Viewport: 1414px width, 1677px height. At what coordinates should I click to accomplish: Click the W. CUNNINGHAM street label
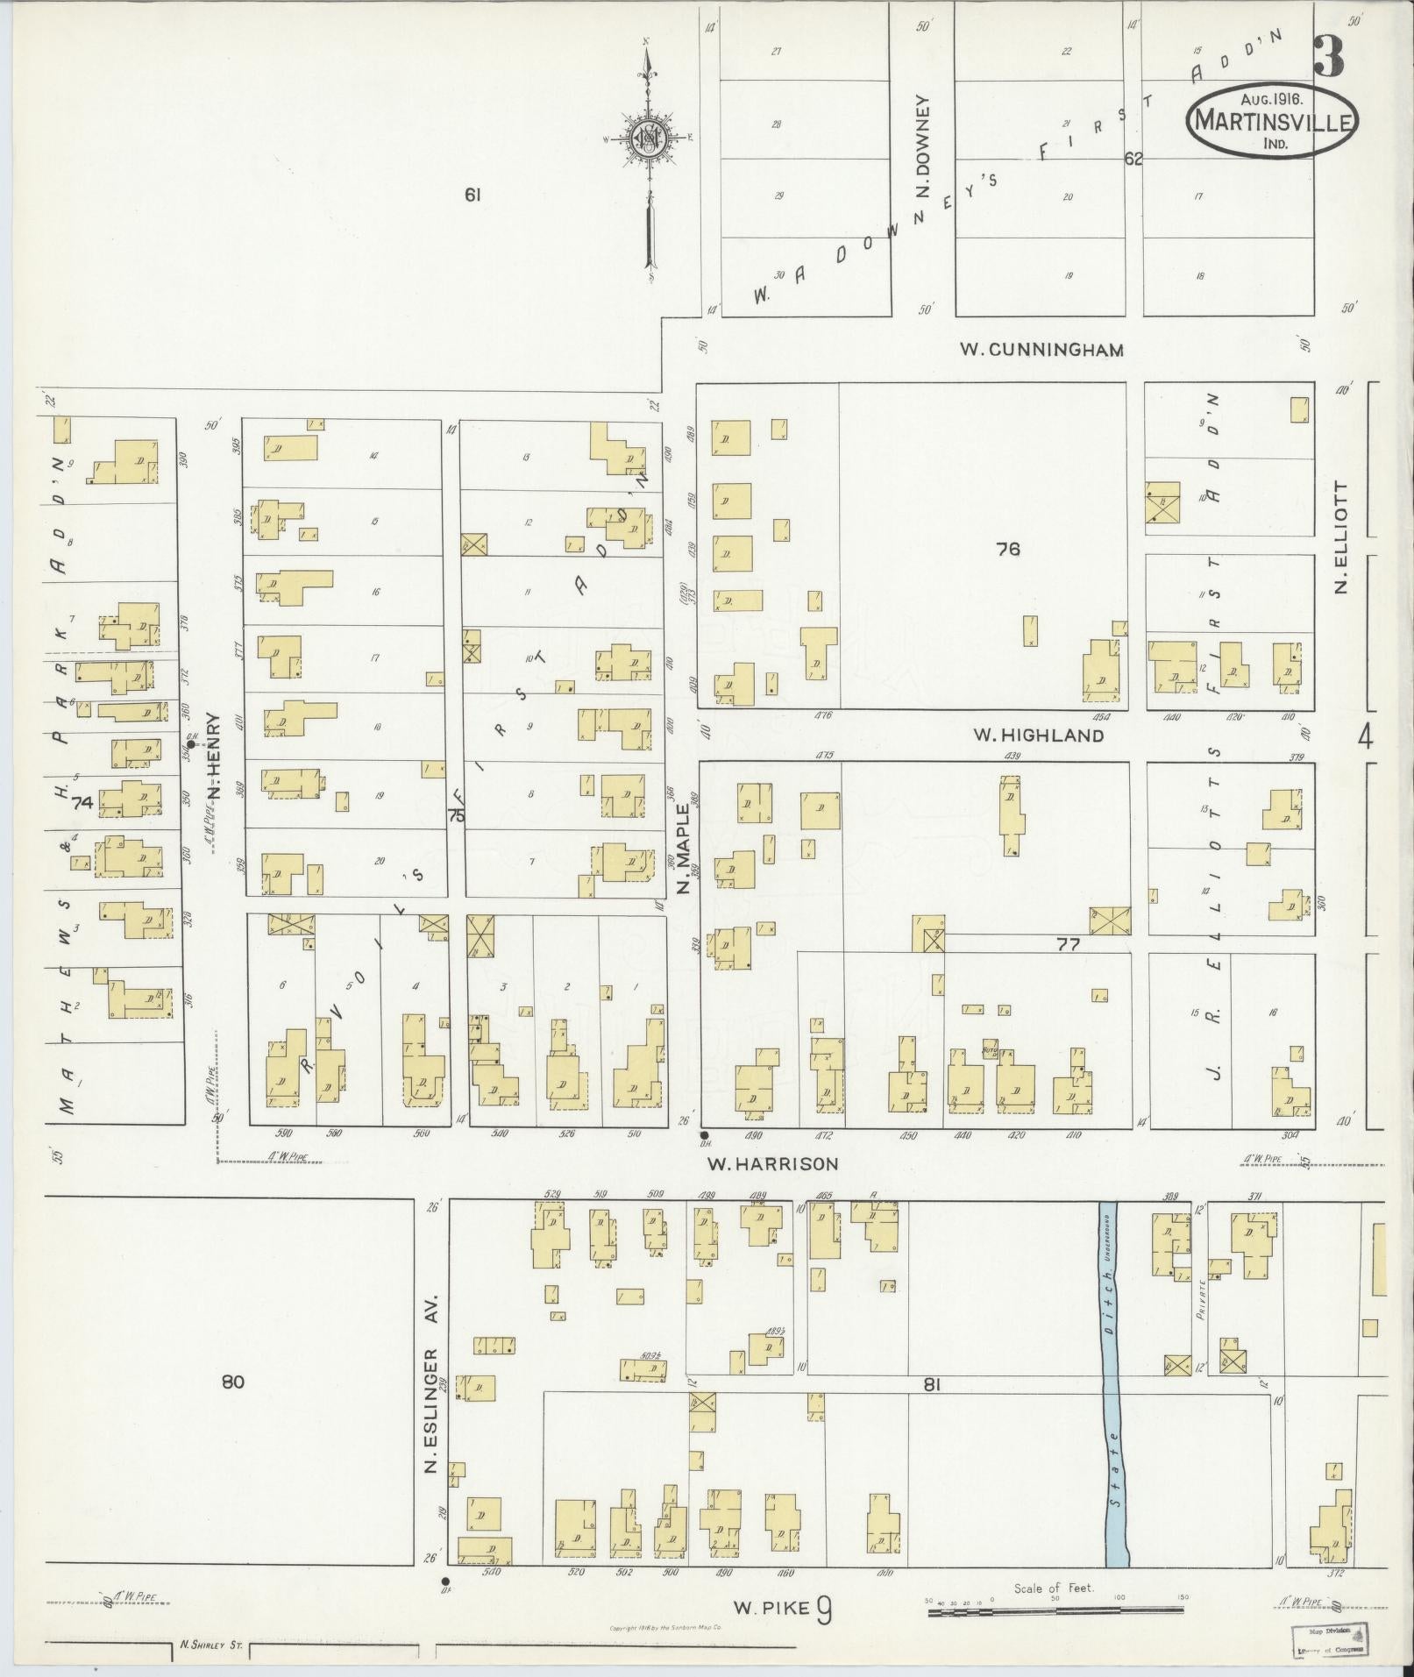tap(1041, 350)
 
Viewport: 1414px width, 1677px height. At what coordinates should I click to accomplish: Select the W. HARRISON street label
tap(773, 1164)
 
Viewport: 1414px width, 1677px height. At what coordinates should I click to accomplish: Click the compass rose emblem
tap(649, 139)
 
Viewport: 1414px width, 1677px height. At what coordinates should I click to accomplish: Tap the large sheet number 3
tap(1329, 58)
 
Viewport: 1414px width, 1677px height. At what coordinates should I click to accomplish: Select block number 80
tap(232, 1382)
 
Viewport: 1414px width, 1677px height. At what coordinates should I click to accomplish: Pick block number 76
tap(1008, 550)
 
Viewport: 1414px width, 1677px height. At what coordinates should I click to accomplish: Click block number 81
tap(931, 1384)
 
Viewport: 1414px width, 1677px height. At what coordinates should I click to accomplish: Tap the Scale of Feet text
tap(1053, 1588)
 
